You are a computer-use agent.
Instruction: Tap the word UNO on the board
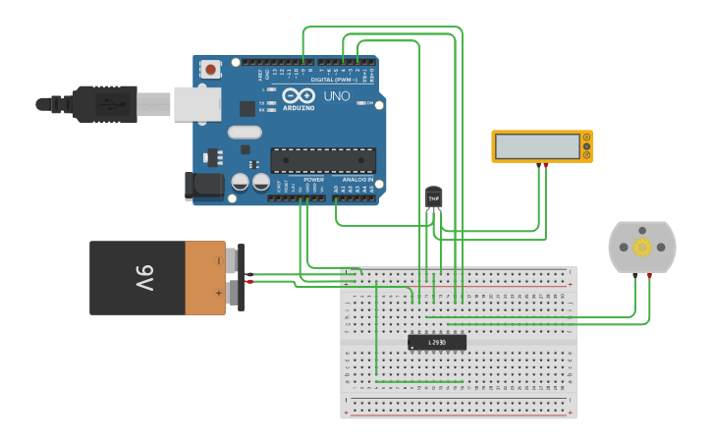(336, 96)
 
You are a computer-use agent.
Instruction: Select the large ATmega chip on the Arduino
(323, 160)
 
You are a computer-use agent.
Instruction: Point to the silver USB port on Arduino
(196, 103)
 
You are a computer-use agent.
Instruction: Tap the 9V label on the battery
(143, 278)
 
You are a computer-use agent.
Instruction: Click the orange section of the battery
(205, 278)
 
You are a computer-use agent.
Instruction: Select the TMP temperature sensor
(433, 196)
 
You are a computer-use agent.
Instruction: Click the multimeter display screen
(538, 146)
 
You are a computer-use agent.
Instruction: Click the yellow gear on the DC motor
(642, 247)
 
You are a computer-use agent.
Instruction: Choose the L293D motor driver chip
(437, 342)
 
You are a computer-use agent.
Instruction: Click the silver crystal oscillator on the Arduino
(245, 132)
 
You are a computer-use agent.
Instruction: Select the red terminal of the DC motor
(649, 277)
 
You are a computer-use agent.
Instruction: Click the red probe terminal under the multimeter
(546, 166)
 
